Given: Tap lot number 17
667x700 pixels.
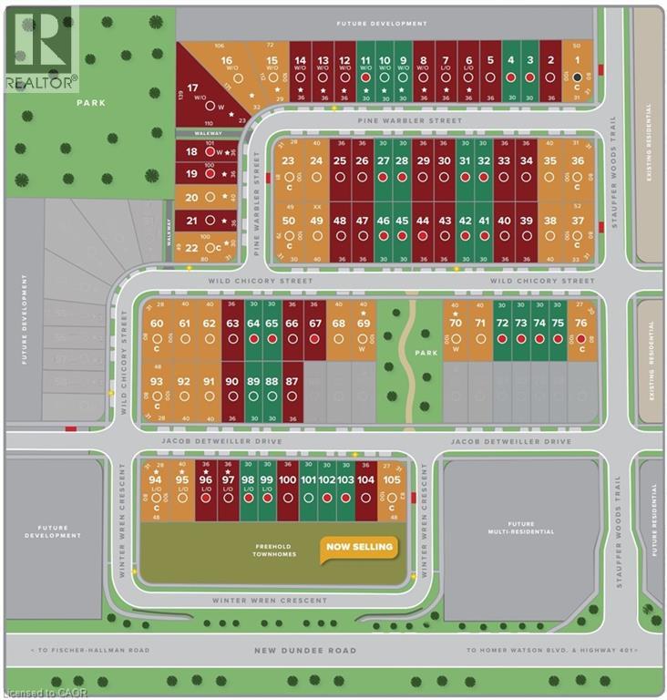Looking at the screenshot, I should click(191, 88).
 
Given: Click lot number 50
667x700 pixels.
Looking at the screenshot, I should click(290, 221).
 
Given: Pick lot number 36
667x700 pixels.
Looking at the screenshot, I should click(577, 161).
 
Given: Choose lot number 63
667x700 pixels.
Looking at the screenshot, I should click(231, 324).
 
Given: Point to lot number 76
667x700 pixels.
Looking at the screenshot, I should click(580, 324).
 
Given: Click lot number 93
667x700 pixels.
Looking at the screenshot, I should click(157, 381).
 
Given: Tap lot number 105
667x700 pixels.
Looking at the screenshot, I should click(393, 480).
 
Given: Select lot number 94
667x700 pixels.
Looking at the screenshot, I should click(156, 480).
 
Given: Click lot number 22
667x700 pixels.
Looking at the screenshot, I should click(191, 247).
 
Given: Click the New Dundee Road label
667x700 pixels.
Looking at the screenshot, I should click(306, 651).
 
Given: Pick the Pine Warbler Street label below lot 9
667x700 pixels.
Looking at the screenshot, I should click(410, 120).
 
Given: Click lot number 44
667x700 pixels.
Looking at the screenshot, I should click(422, 221).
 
